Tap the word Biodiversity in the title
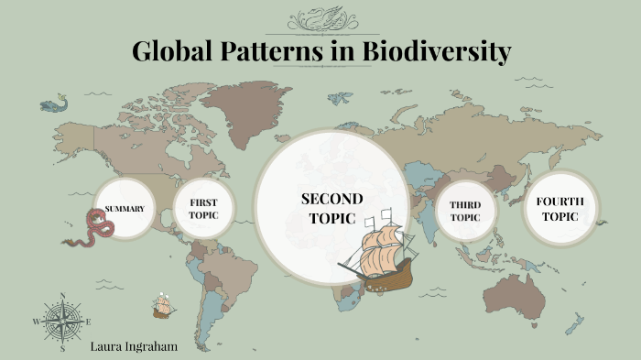(438, 51)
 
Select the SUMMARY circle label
(125, 209)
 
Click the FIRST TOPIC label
(203, 209)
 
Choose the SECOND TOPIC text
(331, 208)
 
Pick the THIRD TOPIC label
(466, 212)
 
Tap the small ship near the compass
(164, 305)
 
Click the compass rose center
(62, 322)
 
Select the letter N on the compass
(62, 296)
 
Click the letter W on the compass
(37, 322)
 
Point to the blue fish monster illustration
(55, 104)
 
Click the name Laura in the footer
(108, 348)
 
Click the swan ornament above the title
(320, 18)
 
